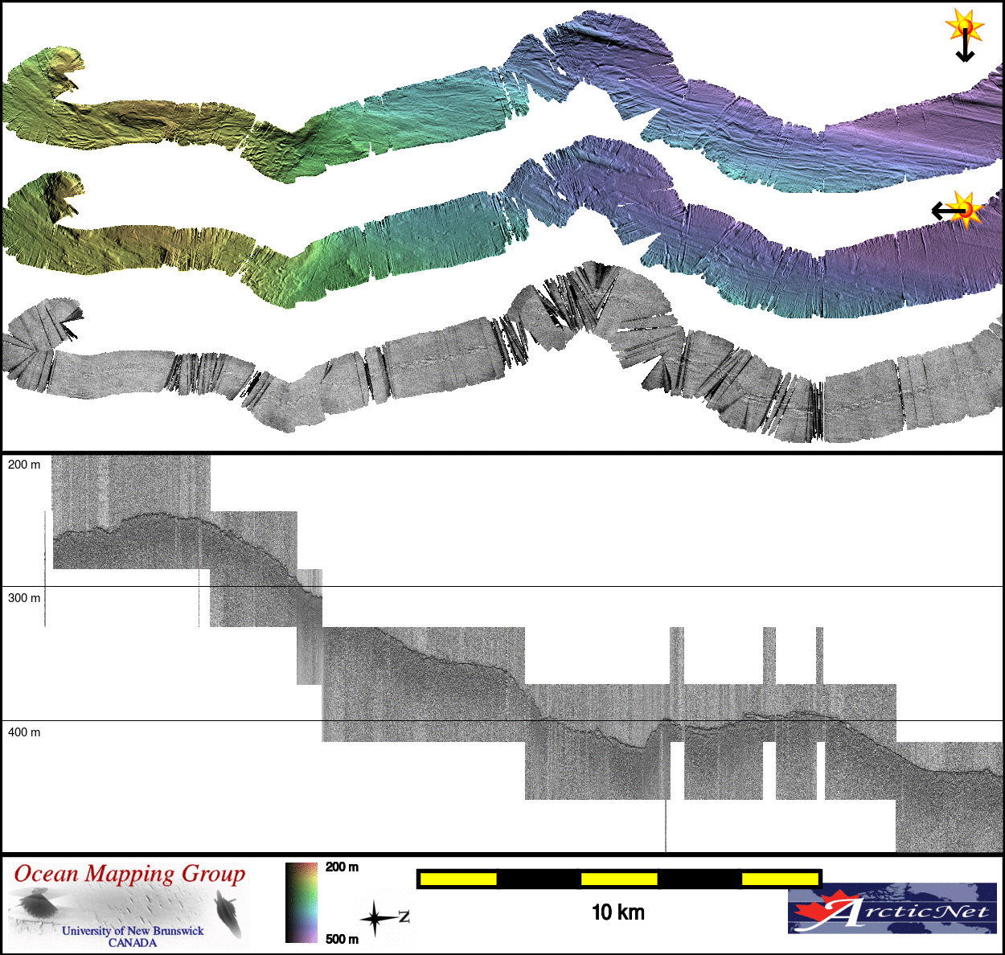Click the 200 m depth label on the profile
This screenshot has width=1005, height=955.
click(x=24, y=465)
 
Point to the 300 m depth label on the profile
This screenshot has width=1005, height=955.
click(x=24, y=598)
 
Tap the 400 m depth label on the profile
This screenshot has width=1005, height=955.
click(x=24, y=732)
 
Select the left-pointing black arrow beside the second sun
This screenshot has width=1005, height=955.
click(x=946, y=211)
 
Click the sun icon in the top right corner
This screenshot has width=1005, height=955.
click(x=965, y=26)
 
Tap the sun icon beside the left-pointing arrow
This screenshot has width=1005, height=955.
click(x=967, y=210)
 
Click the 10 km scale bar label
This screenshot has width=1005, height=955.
click(x=618, y=912)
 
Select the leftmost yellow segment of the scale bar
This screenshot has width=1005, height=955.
click(x=458, y=879)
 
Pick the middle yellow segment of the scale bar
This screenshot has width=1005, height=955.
click(x=619, y=879)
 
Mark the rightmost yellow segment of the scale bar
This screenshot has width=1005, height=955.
click(x=779, y=879)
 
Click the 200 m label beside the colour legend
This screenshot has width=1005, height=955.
click(x=343, y=867)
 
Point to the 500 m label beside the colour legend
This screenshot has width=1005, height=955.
click(x=343, y=939)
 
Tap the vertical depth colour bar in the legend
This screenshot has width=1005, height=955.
click(x=301, y=903)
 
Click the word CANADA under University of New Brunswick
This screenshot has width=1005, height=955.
click(x=133, y=943)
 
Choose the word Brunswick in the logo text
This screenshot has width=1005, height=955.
click(x=178, y=931)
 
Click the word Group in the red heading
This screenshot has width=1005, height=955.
click(x=213, y=874)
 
